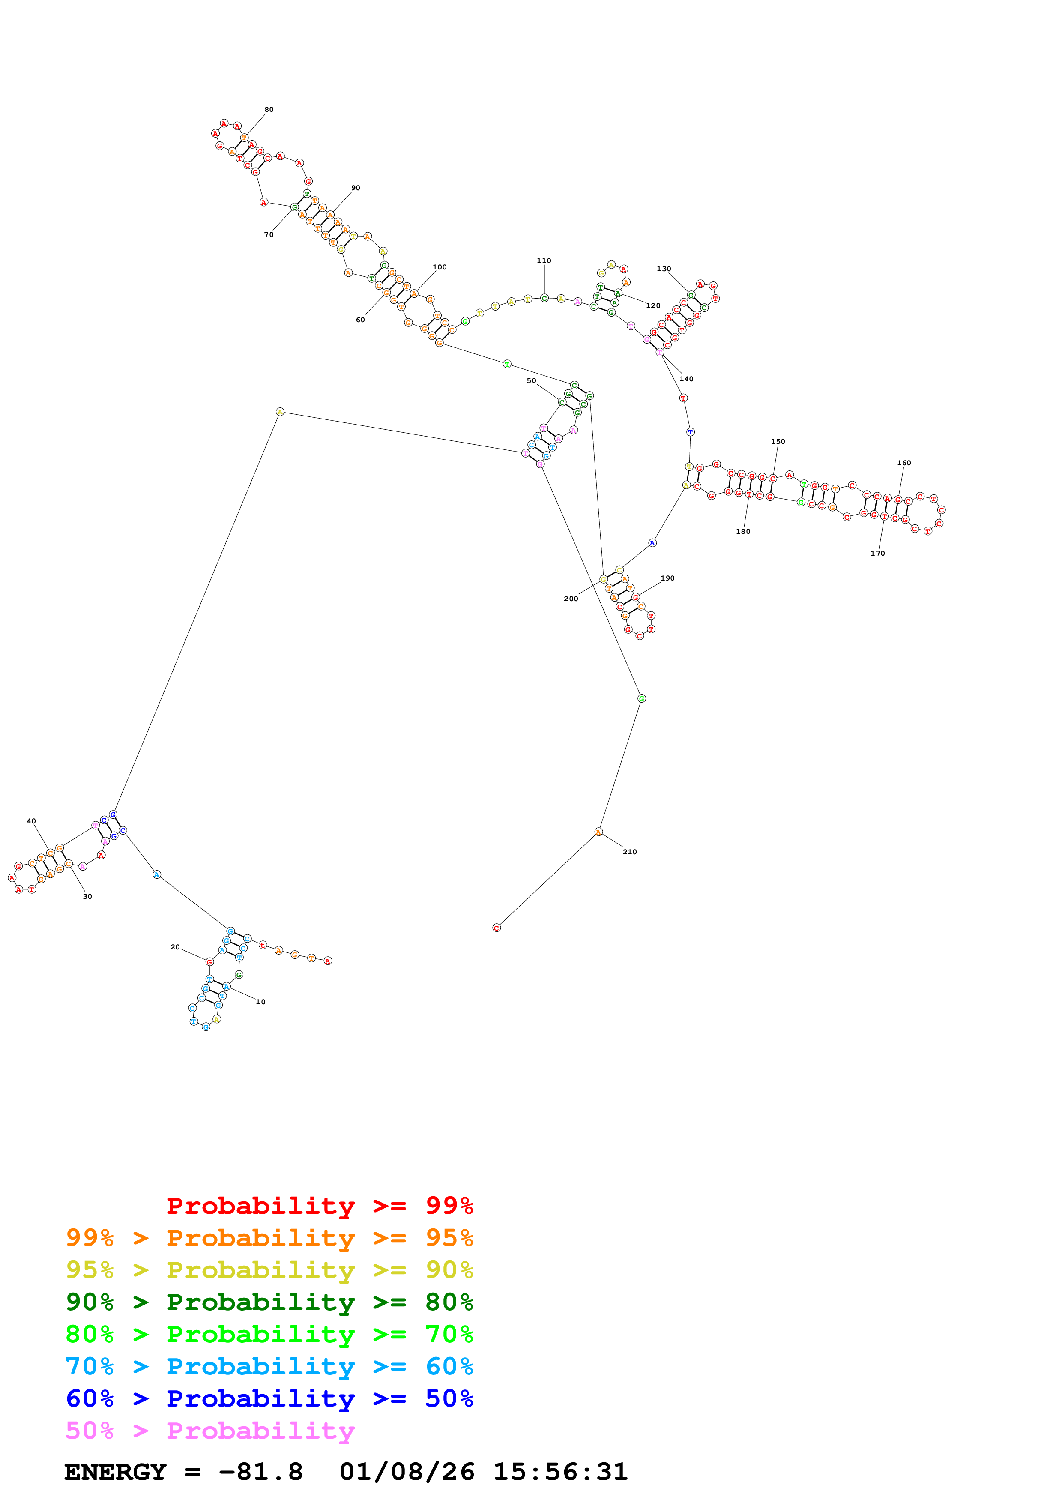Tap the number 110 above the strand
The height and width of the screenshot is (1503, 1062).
tap(544, 260)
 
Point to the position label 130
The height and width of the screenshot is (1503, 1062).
tap(664, 269)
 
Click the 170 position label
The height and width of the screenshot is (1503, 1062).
tap(877, 553)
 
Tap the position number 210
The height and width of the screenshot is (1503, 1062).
tap(629, 852)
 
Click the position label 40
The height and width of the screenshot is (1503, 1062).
tap(31, 821)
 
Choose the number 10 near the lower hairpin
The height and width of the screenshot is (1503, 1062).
tap(260, 1002)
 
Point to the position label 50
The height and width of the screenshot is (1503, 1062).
tap(531, 380)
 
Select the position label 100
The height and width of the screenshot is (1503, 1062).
tap(440, 267)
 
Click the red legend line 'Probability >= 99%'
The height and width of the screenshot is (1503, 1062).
tap(319, 1206)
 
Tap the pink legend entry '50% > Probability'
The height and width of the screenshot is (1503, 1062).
tap(210, 1431)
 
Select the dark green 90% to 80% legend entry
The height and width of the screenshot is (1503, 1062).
tap(269, 1302)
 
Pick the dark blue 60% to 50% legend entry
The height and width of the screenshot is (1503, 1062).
tap(269, 1398)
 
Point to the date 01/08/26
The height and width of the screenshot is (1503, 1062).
tap(407, 1472)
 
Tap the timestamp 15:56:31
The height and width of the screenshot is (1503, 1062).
tap(560, 1472)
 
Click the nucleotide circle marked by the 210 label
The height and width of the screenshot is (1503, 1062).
tap(598, 832)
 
